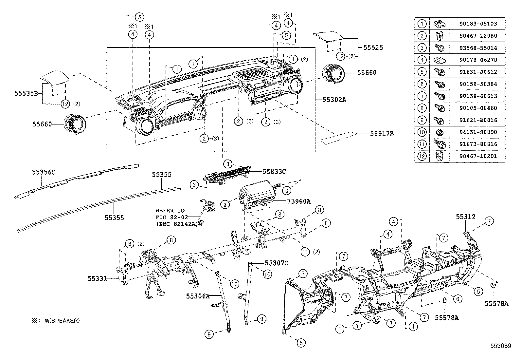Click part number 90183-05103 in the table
tap(478, 24)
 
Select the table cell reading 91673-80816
tap(478, 144)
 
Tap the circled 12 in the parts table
tap(422, 156)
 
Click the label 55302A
tap(334, 100)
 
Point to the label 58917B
tap(382, 134)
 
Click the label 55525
tap(373, 47)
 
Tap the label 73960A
tap(299, 201)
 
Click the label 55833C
tap(274, 171)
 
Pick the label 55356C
tap(44, 172)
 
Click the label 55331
tap(97, 278)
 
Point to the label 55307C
tap(277, 263)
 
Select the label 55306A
tap(198, 296)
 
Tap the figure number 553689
tap(500, 346)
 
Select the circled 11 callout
tap(305, 252)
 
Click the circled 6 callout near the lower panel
tap(458, 298)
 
